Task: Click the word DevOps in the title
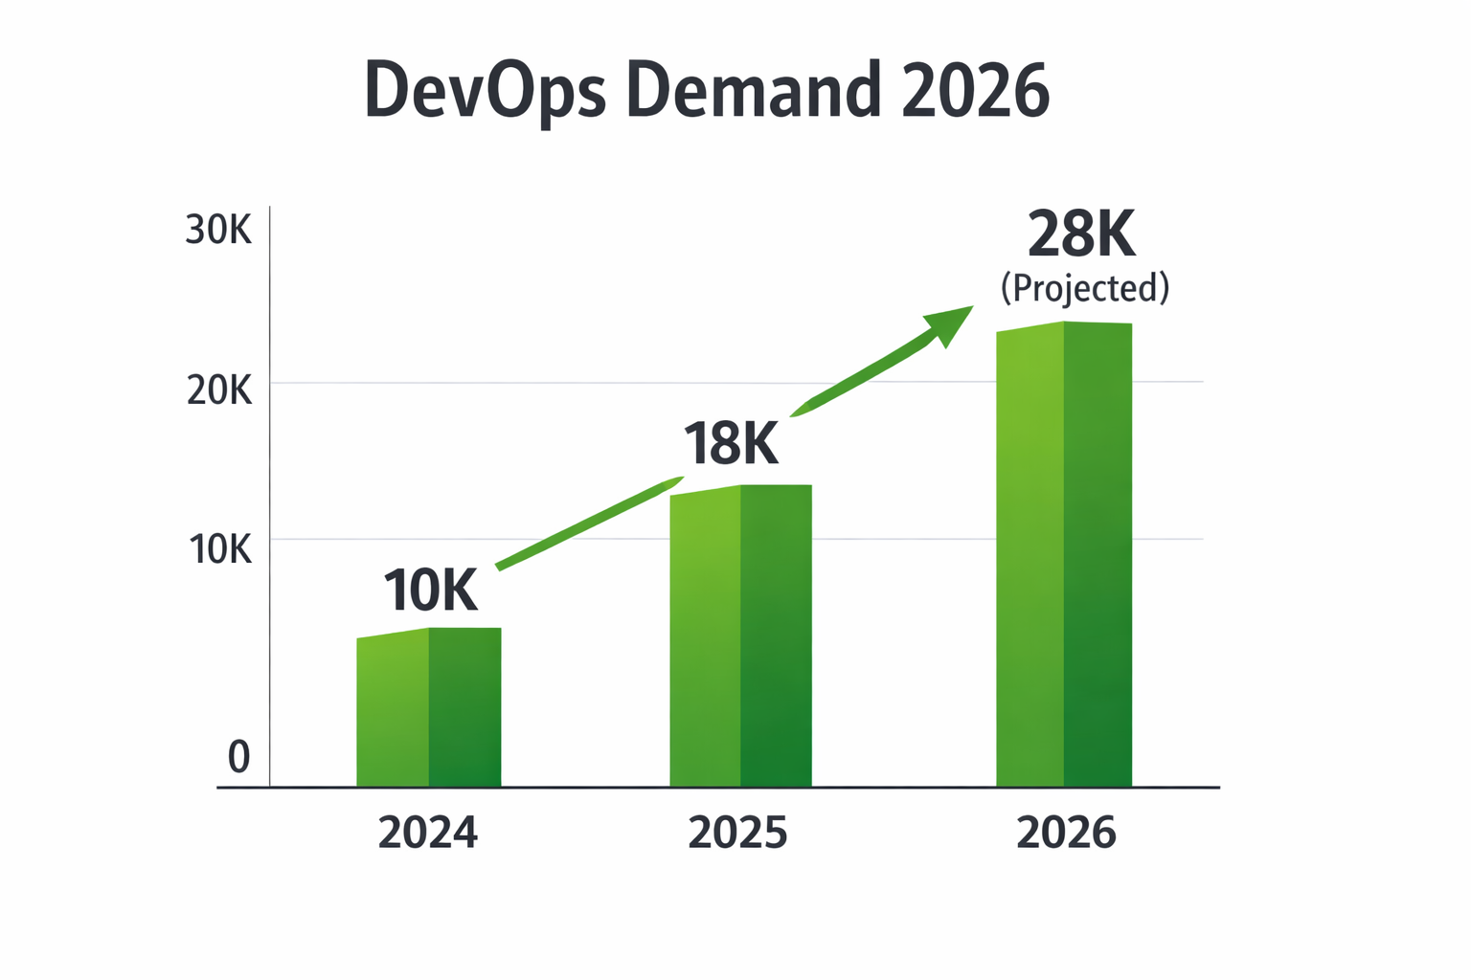tap(485, 91)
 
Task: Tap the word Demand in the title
tap(753, 90)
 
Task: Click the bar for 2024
tap(428, 708)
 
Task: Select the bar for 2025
tap(740, 636)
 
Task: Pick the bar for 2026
tap(1063, 555)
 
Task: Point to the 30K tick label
tap(218, 231)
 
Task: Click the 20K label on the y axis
tap(218, 390)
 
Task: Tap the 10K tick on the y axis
tap(219, 549)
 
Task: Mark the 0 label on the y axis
tap(238, 757)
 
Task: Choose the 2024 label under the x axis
tap(427, 833)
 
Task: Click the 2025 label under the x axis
tap(737, 833)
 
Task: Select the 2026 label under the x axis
tap(1066, 833)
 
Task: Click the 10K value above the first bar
tap(430, 590)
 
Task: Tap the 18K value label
tap(731, 444)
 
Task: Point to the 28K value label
tap(1081, 234)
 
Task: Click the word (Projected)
tap(1085, 288)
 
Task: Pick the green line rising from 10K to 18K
tap(589, 523)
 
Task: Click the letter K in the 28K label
tap(1115, 234)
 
